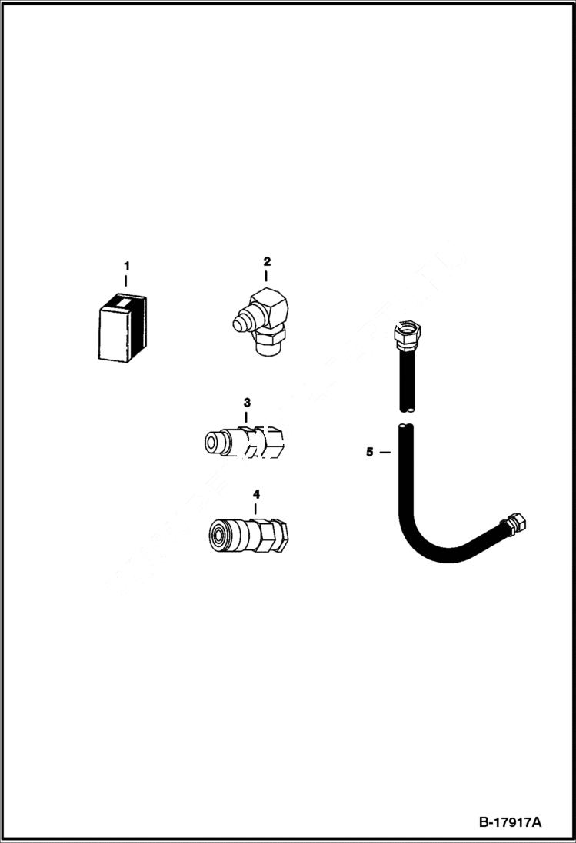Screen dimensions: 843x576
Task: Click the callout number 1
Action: (127, 266)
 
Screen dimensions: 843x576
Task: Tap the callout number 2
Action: (266, 261)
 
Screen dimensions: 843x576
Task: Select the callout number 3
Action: (247, 402)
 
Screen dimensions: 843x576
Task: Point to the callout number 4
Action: (255, 493)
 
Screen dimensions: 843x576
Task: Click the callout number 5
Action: (370, 453)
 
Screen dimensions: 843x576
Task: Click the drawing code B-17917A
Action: (510, 822)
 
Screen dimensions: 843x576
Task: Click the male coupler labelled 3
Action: (244, 442)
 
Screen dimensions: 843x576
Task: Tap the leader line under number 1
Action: (127, 281)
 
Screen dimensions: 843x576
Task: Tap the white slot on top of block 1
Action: (121, 302)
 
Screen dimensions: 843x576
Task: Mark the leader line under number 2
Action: (266, 275)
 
